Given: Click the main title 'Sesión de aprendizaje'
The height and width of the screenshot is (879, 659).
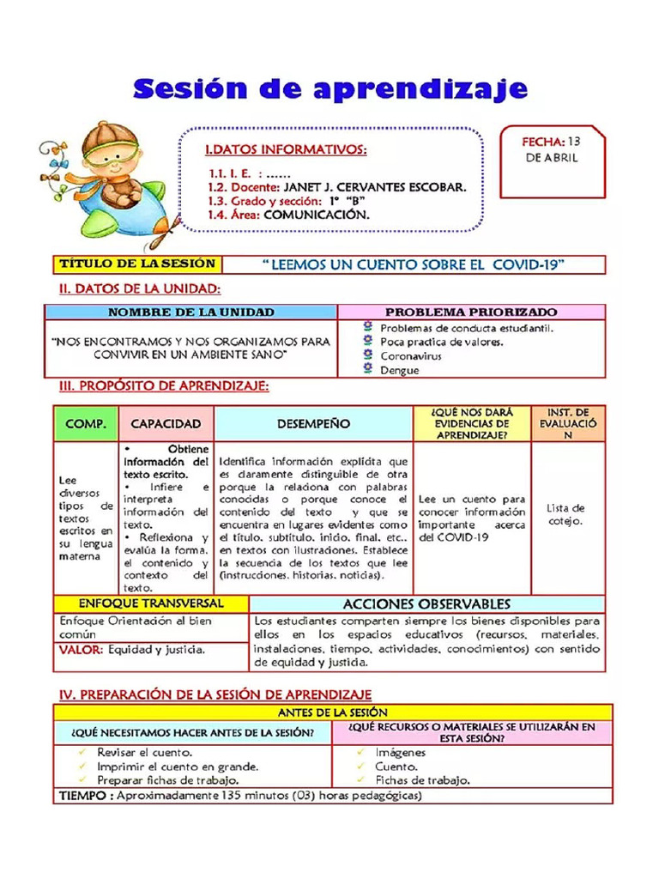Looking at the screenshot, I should click(x=329, y=88).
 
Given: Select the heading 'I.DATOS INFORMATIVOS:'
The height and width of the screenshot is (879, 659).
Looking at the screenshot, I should click(x=286, y=150).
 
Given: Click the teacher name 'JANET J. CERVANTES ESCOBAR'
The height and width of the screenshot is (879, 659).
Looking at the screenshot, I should click(x=375, y=186).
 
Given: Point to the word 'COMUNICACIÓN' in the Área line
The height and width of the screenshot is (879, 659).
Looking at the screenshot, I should click(x=317, y=215).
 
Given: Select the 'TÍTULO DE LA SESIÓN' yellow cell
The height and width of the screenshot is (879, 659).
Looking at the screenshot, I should click(x=136, y=264).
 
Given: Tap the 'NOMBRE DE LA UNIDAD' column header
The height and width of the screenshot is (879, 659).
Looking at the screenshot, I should click(x=190, y=312).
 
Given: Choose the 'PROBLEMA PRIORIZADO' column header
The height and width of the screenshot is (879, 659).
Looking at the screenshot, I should click(x=470, y=312).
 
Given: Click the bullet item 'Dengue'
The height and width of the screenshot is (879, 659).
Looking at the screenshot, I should click(x=400, y=371).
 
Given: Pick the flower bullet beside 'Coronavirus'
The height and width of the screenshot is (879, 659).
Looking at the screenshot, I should click(x=368, y=355).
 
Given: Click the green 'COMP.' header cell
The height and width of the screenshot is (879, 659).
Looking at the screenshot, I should click(x=86, y=424).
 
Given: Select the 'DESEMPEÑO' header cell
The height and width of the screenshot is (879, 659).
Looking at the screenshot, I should click(x=313, y=424).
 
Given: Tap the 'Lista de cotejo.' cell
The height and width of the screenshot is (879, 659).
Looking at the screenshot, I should click(x=566, y=514).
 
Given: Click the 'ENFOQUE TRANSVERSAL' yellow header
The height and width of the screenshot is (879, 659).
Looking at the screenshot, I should click(x=151, y=603).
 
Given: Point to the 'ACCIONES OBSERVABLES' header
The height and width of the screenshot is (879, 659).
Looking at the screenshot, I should click(x=426, y=604).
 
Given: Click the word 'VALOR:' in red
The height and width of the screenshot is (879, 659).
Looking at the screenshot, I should click(x=81, y=650).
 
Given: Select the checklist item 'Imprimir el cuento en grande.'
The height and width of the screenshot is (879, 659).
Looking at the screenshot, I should click(x=178, y=767).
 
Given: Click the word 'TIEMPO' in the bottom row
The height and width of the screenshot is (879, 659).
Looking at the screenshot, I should click(x=83, y=796).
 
